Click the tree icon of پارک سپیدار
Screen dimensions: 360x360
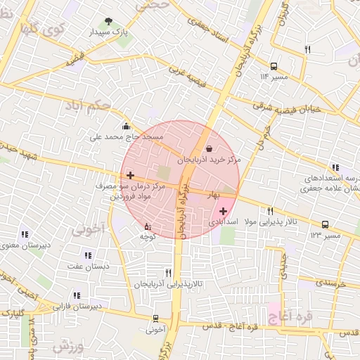point(108,21)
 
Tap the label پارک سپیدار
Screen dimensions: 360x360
point(107,32)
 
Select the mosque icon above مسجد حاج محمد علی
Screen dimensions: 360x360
point(126,127)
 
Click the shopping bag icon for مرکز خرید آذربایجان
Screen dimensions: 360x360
point(210,148)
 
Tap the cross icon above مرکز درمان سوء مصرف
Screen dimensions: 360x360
point(130,174)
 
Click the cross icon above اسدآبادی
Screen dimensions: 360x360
point(223,210)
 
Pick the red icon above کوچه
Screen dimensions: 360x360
point(147,226)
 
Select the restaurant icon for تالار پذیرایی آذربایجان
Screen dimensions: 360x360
point(167,272)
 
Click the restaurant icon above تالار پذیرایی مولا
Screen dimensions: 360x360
point(270,211)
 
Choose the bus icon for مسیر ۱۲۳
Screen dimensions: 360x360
point(325,224)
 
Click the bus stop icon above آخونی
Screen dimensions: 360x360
point(155,319)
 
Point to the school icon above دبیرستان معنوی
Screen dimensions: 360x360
point(25,234)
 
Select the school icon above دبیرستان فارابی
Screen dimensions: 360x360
point(76,296)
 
